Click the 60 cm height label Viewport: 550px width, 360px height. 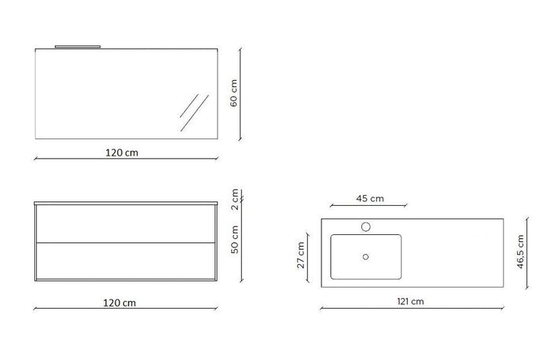pos(233,93)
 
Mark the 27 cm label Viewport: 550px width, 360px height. pos(301,255)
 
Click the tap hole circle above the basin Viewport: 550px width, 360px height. pos(365,226)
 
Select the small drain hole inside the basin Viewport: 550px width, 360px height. pos(365,255)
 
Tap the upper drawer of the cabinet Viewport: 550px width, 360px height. pos(126,224)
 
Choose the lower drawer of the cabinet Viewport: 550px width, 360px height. pos(126,260)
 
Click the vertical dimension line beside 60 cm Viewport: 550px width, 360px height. pos(243,93)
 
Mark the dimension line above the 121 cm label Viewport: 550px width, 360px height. pos(410,309)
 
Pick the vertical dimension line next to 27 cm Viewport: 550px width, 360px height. pos(310,255)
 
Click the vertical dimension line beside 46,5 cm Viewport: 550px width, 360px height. pos(512,252)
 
